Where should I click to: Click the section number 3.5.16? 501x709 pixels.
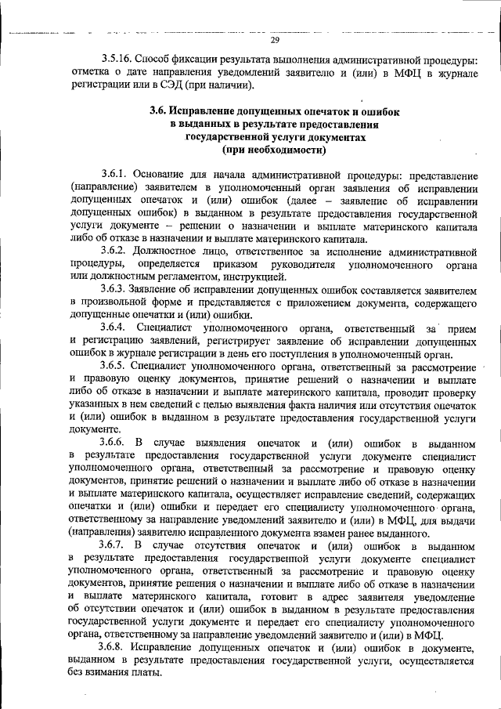click(x=117, y=59)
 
